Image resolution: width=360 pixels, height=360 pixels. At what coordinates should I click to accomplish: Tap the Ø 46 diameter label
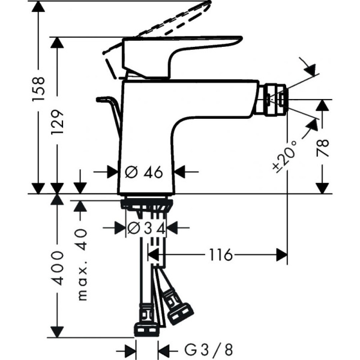tap(145, 172)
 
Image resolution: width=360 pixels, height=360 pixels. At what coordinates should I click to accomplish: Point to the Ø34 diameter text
tap(146, 227)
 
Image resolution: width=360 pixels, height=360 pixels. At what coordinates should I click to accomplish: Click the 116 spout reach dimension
tap(221, 255)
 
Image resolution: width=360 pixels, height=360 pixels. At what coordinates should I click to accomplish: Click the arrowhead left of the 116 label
tap(154, 256)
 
